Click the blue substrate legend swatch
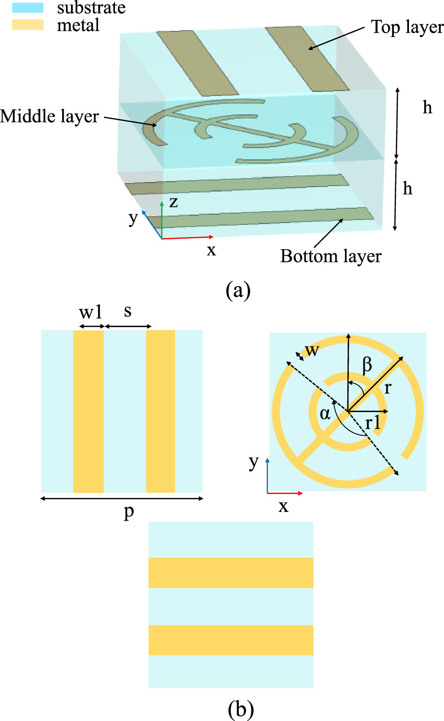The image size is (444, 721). [x=28, y=7]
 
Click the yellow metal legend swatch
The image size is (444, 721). [x=28, y=24]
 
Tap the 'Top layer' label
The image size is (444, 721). [x=407, y=27]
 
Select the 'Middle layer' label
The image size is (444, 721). [x=49, y=116]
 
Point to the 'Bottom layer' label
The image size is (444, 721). [x=331, y=256]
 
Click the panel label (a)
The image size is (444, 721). [x=238, y=290]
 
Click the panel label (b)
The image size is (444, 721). [x=241, y=709]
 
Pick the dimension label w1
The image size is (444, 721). [x=91, y=312]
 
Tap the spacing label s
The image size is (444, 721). [x=128, y=311]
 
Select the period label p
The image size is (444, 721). [x=128, y=511]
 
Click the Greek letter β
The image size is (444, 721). [x=367, y=365]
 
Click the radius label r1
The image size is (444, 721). [x=373, y=422]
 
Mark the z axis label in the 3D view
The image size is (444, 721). [x=173, y=202]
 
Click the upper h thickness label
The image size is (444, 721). [x=427, y=107]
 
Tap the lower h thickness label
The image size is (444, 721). [x=407, y=189]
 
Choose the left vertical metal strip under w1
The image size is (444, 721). [x=88, y=411]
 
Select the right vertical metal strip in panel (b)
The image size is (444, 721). [x=160, y=411]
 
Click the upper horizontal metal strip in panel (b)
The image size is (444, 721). [x=231, y=572]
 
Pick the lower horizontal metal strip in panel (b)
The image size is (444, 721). [x=231, y=640]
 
